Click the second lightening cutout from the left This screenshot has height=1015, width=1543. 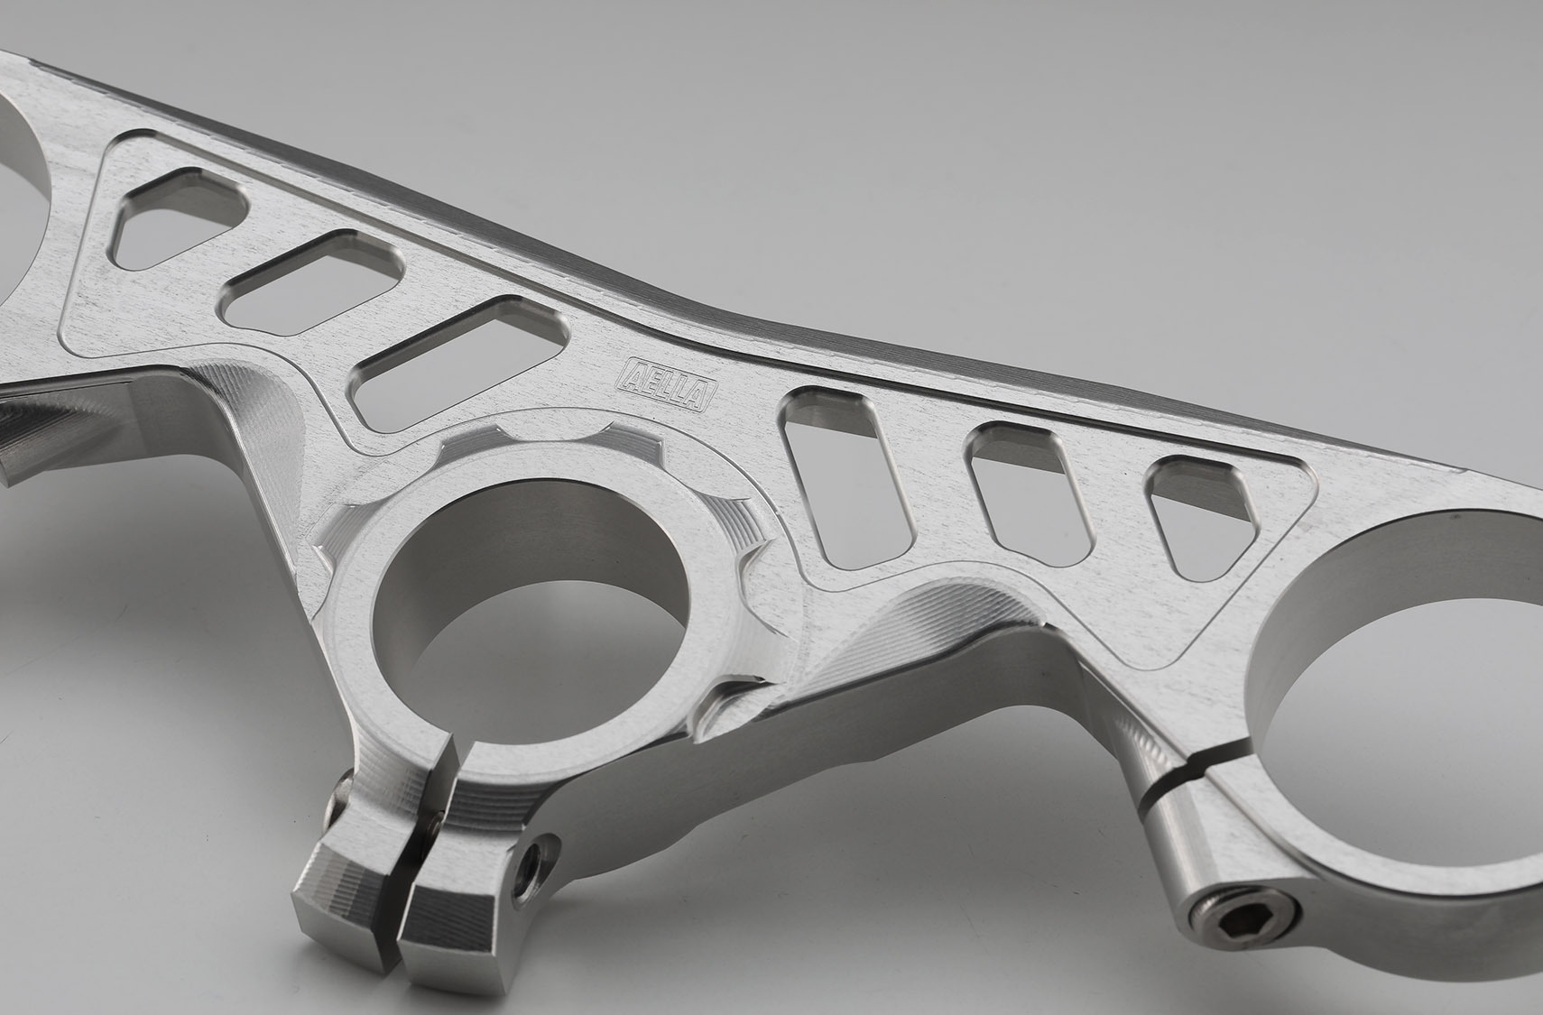click(313, 283)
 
